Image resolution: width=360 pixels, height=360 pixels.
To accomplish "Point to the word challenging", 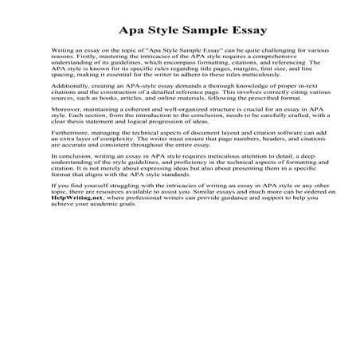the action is [x=253, y=49].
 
